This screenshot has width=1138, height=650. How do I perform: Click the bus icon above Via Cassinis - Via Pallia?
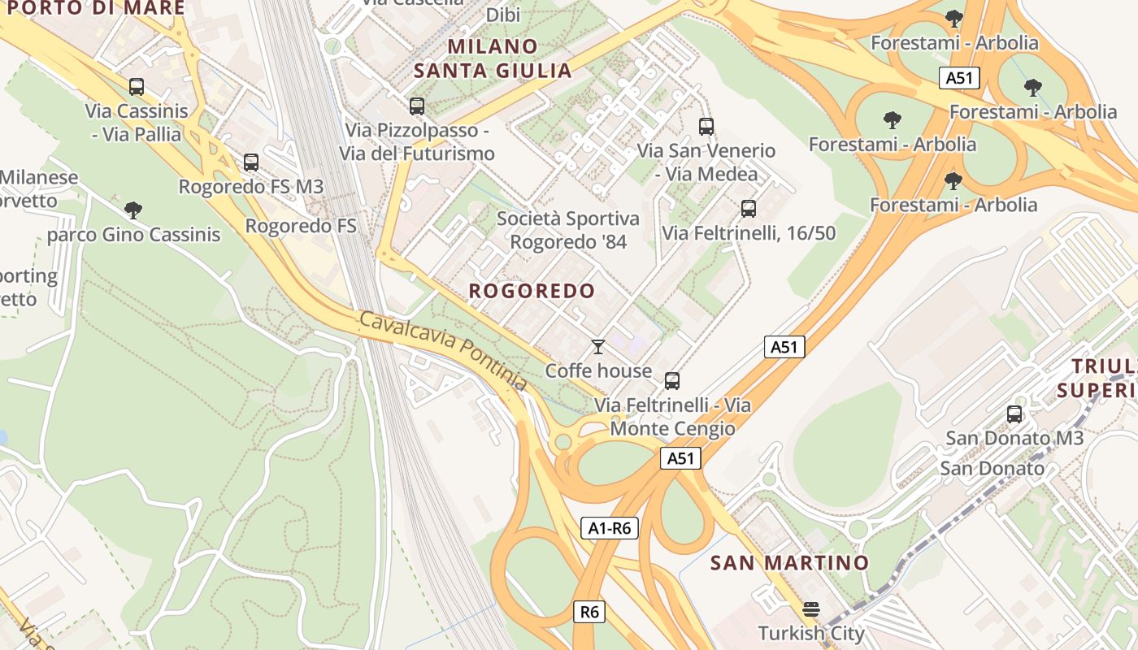(137, 86)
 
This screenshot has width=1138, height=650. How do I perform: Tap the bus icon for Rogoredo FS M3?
(251, 162)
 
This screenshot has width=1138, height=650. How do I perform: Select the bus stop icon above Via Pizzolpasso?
(417, 106)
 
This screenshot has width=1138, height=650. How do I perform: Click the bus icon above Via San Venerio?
(706, 127)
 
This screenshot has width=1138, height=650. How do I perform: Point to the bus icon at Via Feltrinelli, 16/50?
(749, 209)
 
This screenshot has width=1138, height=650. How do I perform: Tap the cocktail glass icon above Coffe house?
(598, 347)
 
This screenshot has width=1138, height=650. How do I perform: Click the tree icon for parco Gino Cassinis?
(133, 211)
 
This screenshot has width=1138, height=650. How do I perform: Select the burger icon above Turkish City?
(810, 609)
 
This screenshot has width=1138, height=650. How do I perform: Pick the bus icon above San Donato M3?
(1014, 414)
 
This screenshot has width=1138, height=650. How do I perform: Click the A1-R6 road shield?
(610, 528)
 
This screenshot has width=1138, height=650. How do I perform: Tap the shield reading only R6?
(589, 612)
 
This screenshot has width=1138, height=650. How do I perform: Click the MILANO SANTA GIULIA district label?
(493, 58)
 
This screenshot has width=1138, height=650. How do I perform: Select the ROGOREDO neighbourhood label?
(532, 291)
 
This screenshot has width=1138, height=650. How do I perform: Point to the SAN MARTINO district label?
(789, 562)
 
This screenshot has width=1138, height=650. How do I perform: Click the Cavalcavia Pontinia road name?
(443, 350)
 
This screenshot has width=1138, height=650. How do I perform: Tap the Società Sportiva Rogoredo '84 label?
(567, 230)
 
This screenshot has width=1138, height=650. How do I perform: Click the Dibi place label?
(503, 15)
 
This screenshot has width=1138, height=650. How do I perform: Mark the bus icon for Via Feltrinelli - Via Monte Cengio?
(672, 381)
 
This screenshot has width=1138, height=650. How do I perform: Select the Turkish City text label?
(810, 633)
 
